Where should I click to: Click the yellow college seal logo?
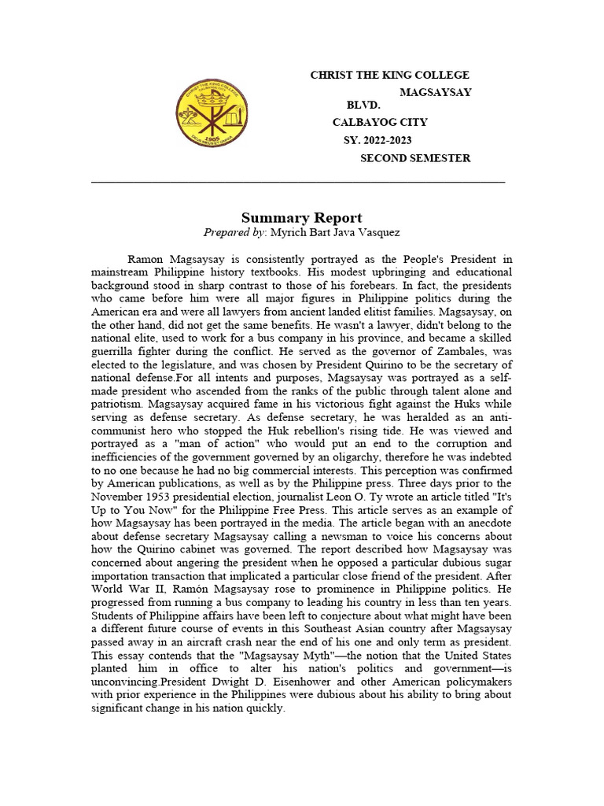[210, 112]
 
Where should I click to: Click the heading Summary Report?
[301, 218]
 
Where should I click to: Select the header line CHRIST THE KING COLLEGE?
[389, 75]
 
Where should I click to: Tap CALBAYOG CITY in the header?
[380, 123]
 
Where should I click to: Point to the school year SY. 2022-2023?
[377, 140]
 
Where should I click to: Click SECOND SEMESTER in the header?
[415, 158]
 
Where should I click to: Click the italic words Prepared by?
[234, 233]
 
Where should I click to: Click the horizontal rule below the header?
[298, 182]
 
